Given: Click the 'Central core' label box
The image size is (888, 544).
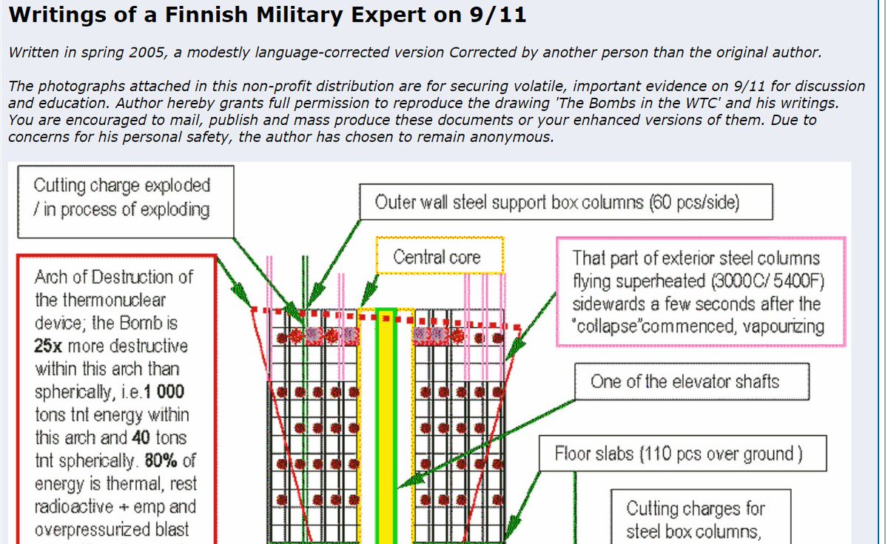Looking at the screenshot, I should coord(437,257).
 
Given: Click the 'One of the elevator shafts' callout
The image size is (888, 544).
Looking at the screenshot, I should coord(684,382).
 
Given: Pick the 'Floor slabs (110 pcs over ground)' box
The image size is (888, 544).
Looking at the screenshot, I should coord(679,452).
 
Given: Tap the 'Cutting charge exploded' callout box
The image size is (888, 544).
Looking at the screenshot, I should coord(123,198).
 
